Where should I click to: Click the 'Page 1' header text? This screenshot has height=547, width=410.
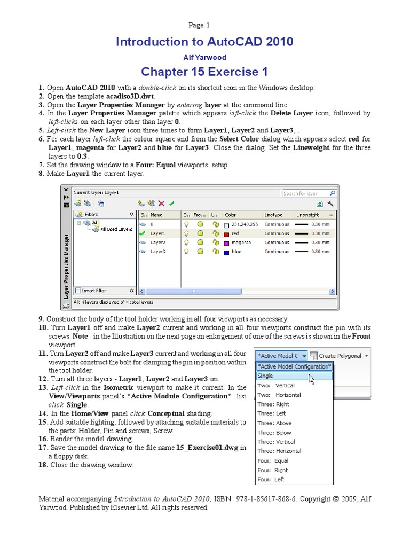tap(200, 25)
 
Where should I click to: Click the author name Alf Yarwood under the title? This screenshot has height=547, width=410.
tap(204, 57)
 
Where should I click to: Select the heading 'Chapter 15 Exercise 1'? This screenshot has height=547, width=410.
tap(204, 72)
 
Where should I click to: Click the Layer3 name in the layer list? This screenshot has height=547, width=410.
tap(157, 252)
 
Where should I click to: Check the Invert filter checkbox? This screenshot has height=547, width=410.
tap(78, 291)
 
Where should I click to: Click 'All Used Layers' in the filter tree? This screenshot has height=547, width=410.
tap(116, 229)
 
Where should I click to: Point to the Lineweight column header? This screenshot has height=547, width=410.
tap(308, 214)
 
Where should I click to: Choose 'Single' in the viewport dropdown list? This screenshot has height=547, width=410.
tap(265, 376)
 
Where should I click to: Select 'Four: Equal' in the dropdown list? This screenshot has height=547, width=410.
tap(273, 460)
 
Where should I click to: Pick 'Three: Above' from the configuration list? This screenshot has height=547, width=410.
tap(274, 423)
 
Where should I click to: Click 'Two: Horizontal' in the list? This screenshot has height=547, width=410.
tap(279, 395)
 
